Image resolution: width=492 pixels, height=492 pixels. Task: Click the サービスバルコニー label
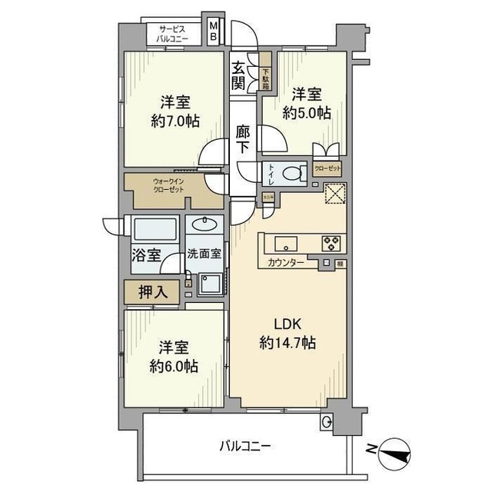click(174, 32)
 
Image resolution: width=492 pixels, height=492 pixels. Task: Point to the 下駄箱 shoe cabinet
click(265, 71)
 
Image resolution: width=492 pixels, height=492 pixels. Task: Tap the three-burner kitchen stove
click(331, 243)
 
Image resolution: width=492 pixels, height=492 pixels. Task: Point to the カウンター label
click(287, 264)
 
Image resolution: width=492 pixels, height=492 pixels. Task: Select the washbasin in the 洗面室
click(205, 225)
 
